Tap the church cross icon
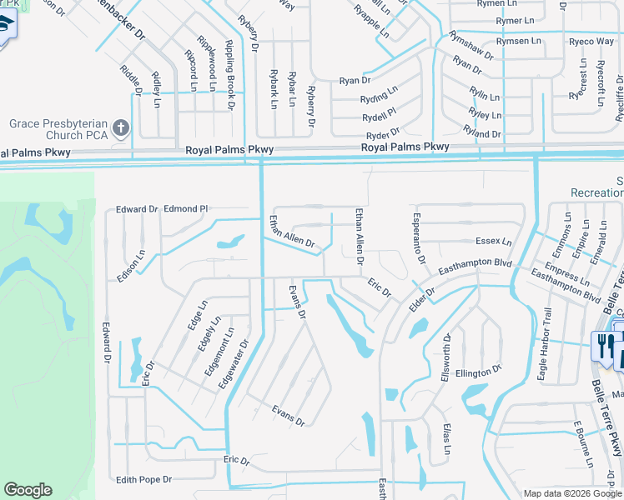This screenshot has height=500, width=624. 121,127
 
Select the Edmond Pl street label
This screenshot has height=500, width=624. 185,208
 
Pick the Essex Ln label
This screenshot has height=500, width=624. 493,242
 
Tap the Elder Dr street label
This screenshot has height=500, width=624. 423,302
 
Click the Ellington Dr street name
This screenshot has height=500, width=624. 478,369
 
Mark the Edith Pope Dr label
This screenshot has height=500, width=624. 143,479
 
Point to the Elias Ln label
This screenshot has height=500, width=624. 447,437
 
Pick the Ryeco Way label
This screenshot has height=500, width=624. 591,41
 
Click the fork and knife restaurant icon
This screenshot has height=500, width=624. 602,344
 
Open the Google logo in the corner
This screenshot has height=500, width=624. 28,490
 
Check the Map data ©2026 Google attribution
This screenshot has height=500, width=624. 571,493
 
